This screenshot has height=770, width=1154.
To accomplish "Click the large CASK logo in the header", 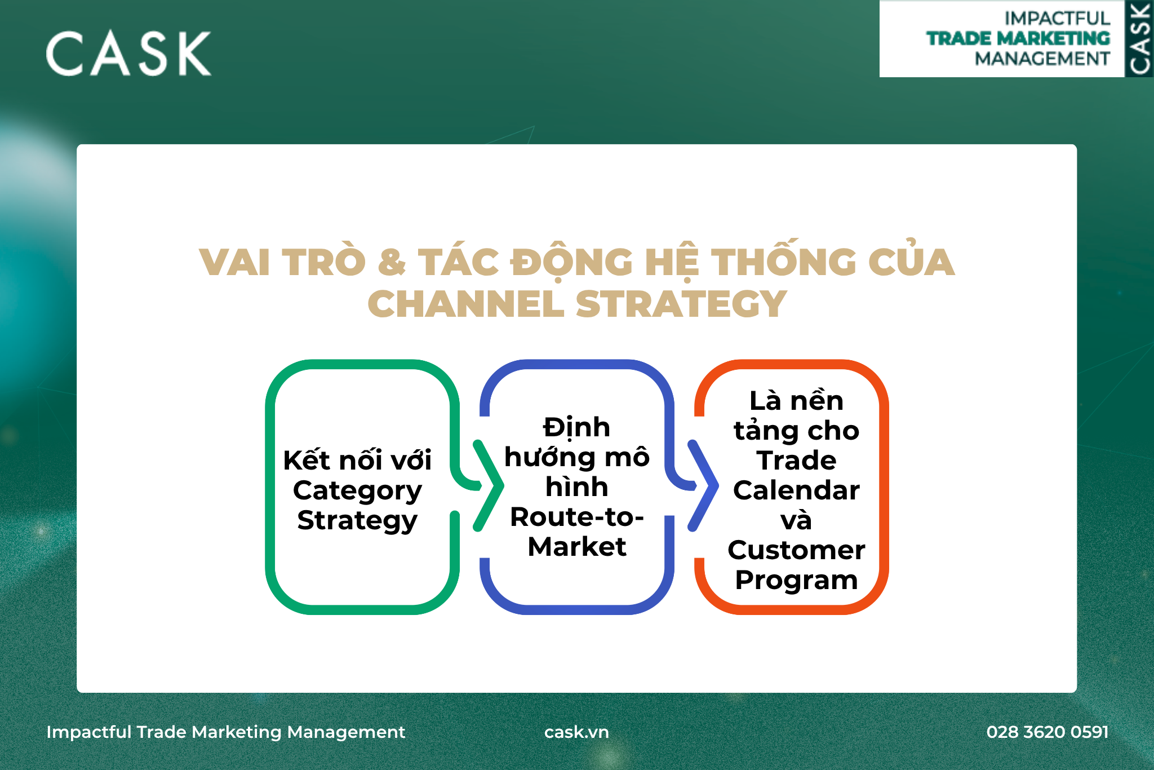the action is coord(128,53).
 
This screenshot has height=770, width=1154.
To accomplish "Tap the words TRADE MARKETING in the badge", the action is coord(1018,38).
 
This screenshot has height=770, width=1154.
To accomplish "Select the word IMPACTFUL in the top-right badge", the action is coord(1057,19).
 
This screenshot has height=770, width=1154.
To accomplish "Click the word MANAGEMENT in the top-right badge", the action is coord(1042,59).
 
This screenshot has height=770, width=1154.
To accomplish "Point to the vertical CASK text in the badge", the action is coord(1139,38).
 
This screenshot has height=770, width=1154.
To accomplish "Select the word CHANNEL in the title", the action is coord(466,304).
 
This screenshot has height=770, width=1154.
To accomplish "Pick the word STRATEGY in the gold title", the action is coord(681,304).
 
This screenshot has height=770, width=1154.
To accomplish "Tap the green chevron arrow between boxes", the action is coord(488,486).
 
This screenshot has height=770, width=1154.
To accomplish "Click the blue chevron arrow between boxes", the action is coord(703,486).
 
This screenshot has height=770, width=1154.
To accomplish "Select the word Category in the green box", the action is coord(357,492).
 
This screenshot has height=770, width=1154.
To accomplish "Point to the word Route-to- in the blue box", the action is coord(577,517).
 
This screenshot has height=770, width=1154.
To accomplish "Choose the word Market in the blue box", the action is coord(577,547).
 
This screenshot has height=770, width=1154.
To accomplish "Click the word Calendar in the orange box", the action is coord(796,490).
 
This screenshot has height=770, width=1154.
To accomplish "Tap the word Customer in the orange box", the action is coord(796,550).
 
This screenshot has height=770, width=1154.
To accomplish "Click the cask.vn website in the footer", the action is coord(576,732).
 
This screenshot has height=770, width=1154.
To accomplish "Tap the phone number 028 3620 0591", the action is coord(1048,732).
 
